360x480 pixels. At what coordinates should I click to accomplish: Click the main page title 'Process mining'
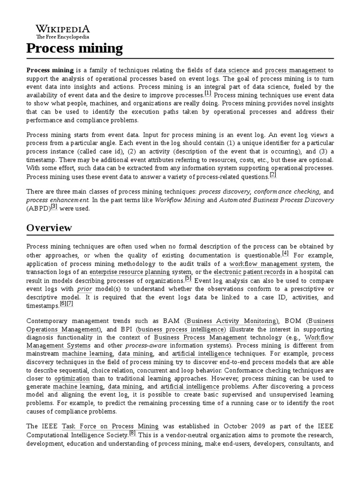click(75, 48)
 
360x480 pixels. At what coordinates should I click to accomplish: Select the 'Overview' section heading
click(49, 228)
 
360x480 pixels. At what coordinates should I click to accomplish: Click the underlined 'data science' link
click(232, 70)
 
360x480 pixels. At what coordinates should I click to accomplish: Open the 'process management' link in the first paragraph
click(299, 70)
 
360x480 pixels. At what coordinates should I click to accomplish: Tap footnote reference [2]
click(273, 175)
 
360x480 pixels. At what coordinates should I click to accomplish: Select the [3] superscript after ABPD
click(54, 207)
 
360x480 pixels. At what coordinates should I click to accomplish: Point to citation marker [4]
click(285, 254)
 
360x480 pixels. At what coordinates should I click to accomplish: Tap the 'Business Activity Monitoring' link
click(232, 321)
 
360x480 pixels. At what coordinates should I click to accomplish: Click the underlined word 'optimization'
click(72, 378)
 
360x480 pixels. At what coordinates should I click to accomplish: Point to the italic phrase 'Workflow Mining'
click(180, 200)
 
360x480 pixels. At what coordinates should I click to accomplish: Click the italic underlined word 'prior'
click(84, 289)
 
